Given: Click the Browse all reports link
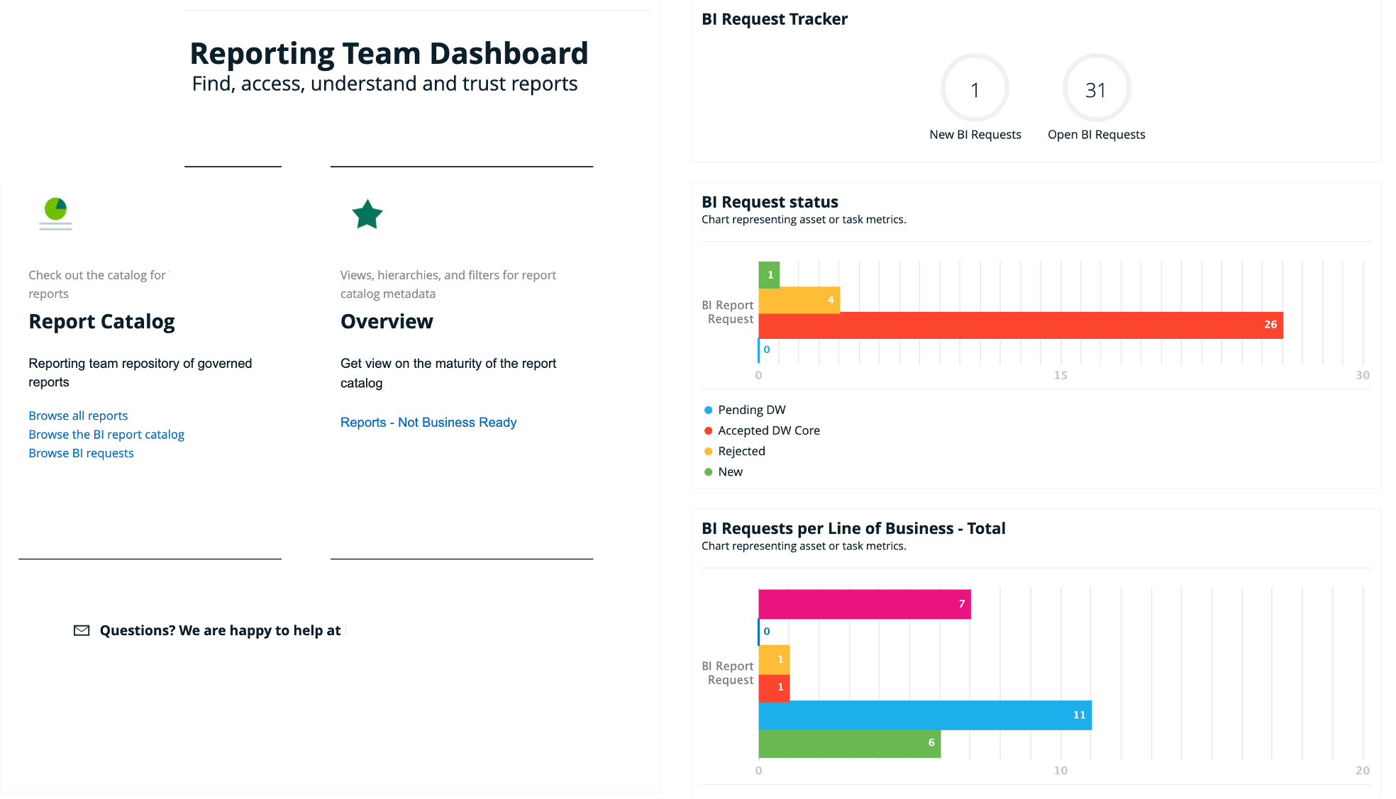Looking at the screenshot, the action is click(x=78, y=415).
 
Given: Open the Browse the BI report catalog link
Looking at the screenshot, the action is click(x=106, y=435).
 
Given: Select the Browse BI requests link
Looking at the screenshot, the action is click(x=81, y=453).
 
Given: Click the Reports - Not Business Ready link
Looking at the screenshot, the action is click(x=428, y=423).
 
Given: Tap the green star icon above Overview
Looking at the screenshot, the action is click(x=367, y=214).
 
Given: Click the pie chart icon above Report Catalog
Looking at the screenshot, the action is click(x=55, y=209).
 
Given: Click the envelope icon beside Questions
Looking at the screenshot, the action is click(x=82, y=630).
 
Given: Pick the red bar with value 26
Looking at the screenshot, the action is click(x=1021, y=325).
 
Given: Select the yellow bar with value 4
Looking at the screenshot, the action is click(x=799, y=300).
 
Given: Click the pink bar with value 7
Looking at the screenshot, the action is click(x=865, y=604).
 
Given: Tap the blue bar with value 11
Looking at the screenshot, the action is click(x=925, y=715).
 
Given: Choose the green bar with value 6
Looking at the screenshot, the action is click(x=850, y=743).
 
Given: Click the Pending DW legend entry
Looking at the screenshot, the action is click(x=745, y=410).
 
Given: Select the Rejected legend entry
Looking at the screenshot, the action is click(x=734, y=451).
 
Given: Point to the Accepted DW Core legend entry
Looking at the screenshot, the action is click(x=762, y=430).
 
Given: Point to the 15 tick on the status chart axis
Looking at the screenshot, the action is click(x=1060, y=375).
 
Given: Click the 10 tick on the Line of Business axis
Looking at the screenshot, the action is click(x=1060, y=770).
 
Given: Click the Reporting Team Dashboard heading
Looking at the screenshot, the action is click(x=389, y=54).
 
